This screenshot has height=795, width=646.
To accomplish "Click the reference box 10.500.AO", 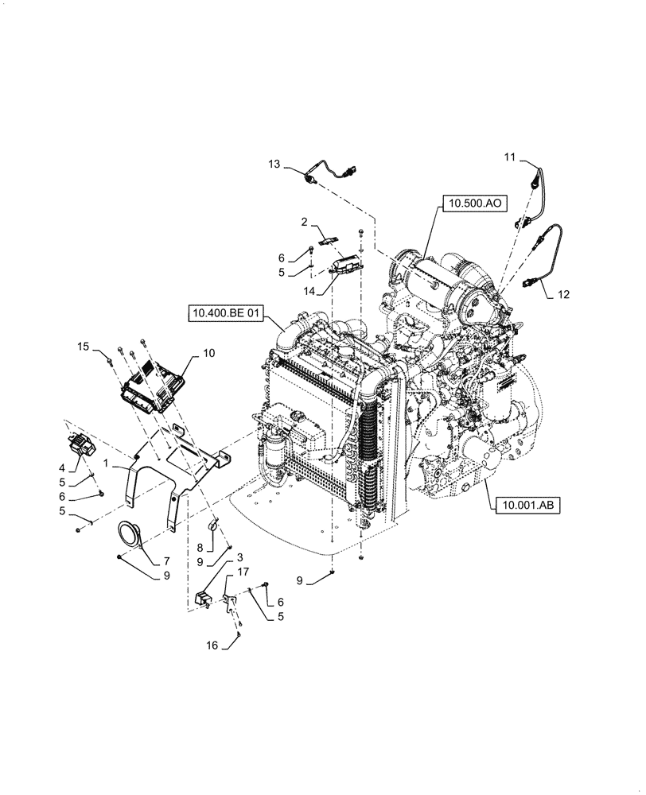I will (x=474, y=204).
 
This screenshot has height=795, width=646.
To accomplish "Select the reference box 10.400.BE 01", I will (x=225, y=313).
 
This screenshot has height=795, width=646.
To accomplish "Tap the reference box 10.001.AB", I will (x=527, y=503).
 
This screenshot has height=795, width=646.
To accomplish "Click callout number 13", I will (x=274, y=164).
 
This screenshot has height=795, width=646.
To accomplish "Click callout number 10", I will (x=208, y=351).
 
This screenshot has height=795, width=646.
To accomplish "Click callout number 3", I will (x=239, y=558).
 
